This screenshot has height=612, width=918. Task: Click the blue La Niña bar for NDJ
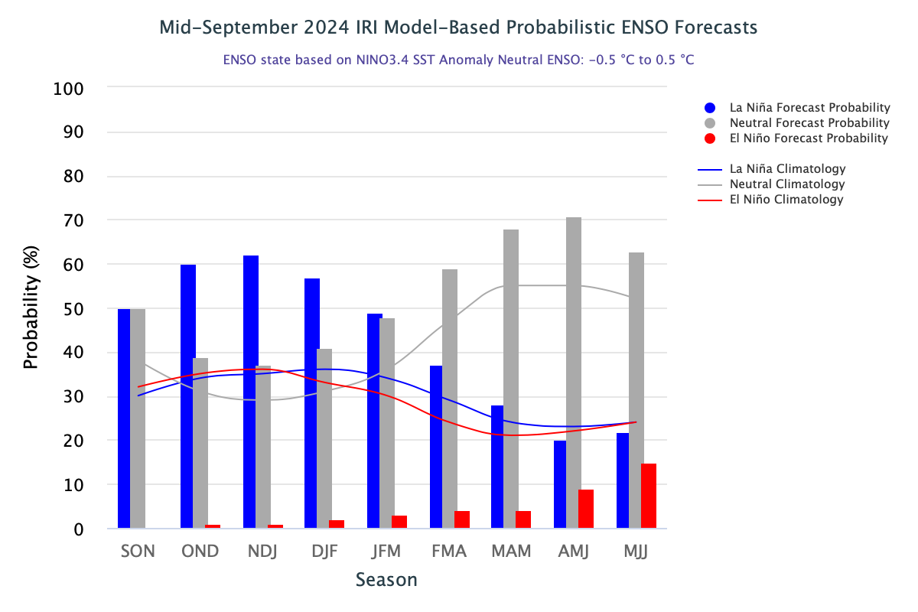point(251,392)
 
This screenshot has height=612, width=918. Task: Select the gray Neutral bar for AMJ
point(574,373)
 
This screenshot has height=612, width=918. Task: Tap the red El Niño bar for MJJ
point(649,496)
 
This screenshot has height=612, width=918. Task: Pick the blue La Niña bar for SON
point(124,418)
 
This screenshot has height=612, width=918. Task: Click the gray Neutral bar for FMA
point(450,399)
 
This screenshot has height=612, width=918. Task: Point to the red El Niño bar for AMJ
point(586,509)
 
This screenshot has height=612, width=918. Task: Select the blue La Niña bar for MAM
point(497,467)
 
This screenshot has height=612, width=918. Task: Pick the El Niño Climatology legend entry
point(786,200)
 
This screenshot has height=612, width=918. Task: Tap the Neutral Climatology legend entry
point(787,184)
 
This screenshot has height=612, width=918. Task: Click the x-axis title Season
point(386,580)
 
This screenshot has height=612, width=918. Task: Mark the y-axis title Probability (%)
point(31,308)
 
